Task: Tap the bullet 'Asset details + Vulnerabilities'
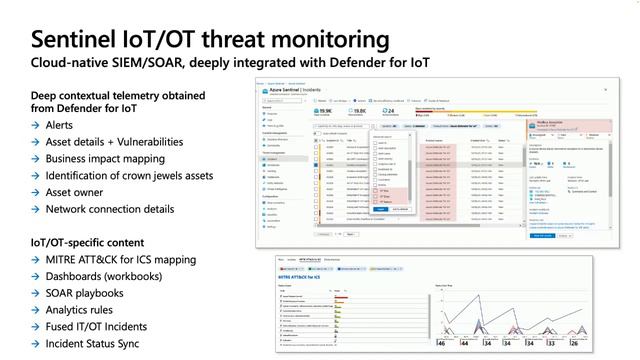pos(114,142)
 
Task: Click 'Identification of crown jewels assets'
pos(129,176)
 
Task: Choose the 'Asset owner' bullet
pos(78,193)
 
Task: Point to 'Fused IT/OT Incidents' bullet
pos(98,328)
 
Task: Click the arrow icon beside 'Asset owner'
pos(35,193)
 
